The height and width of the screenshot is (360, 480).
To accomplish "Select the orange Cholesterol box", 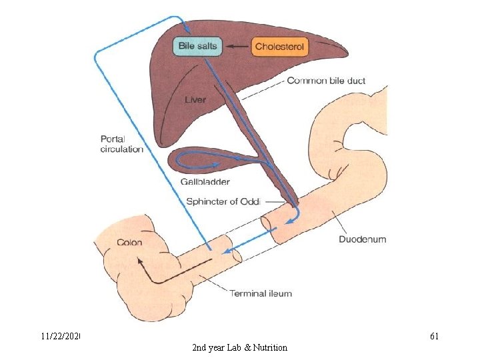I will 280,47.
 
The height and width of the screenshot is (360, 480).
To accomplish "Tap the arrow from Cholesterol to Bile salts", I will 236,47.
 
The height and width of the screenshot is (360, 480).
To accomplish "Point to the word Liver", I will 195,100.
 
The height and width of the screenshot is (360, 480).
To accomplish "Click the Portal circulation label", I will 121,144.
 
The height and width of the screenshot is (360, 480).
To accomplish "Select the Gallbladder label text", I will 205,181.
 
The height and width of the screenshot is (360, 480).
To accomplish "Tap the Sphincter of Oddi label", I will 230,201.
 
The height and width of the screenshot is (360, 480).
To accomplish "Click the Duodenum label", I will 362,239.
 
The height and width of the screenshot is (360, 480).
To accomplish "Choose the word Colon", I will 129,242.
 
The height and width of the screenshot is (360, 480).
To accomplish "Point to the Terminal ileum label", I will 261,293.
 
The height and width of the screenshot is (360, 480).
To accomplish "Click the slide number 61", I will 433,336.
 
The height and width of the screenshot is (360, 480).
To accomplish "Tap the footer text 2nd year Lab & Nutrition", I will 239,347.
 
